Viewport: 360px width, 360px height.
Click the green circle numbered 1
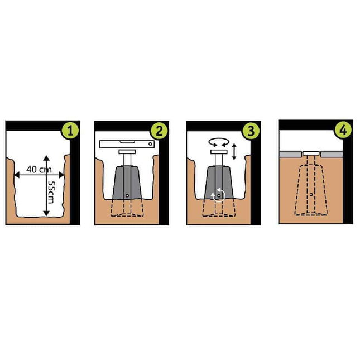[70, 131]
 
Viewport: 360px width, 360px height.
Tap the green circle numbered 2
[159, 131]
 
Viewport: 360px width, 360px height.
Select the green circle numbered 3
[251, 131]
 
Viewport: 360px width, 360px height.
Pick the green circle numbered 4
[343, 130]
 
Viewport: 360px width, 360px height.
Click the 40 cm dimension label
[39, 170]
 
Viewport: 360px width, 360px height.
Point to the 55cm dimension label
[50, 192]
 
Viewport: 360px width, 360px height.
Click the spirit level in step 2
[127, 144]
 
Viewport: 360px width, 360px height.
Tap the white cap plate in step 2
[127, 152]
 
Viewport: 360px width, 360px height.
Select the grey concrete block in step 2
[127, 183]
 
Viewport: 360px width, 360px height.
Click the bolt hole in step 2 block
[127, 195]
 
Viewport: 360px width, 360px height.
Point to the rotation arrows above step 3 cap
[219, 142]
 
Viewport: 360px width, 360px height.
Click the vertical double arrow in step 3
[234, 151]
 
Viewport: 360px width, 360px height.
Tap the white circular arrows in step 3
[219, 195]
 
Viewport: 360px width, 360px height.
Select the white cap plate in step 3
[219, 152]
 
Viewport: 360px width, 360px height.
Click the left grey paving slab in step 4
[290, 154]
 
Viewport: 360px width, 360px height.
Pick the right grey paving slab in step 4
[332, 154]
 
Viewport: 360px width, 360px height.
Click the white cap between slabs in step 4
[311, 153]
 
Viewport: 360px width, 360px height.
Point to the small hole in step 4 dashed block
[311, 194]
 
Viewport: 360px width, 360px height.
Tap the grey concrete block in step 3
[219, 183]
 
